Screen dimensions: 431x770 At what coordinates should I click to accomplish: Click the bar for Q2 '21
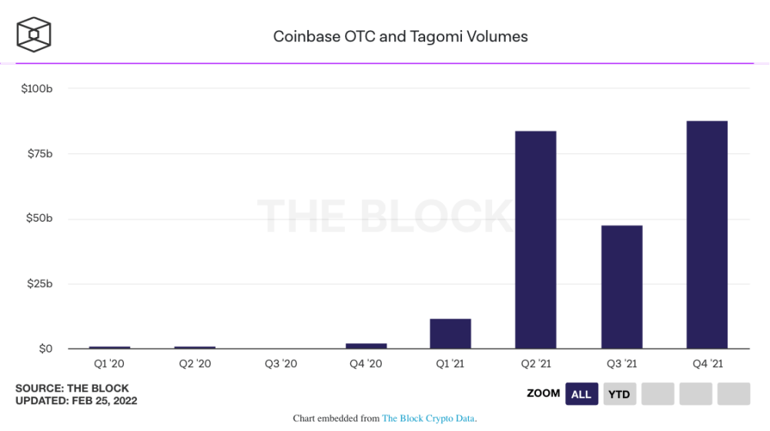click(536, 240)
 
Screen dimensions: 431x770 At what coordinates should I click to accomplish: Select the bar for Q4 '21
click(707, 235)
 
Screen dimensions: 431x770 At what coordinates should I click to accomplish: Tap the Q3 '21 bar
click(621, 287)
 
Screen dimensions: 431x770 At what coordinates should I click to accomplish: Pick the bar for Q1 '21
click(450, 333)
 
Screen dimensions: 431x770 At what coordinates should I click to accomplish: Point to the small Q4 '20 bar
click(366, 346)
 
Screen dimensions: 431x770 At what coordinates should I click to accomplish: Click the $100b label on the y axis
click(37, 89)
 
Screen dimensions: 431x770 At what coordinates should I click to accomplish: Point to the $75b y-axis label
click(38, 154)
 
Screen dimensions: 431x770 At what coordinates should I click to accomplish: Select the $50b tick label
click(38, 219)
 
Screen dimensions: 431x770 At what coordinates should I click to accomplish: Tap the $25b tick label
click(38, 284)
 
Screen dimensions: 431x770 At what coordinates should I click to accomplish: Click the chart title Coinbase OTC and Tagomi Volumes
click(400, 36)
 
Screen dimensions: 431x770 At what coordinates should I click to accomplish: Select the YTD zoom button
click(619, 394)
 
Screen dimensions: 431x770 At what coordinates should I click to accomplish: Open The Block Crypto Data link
click(429, 419)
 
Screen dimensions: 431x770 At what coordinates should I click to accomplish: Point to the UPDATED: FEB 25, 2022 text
click(76, 401)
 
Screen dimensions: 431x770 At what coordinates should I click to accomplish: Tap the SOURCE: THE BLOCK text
click(72, 389)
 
